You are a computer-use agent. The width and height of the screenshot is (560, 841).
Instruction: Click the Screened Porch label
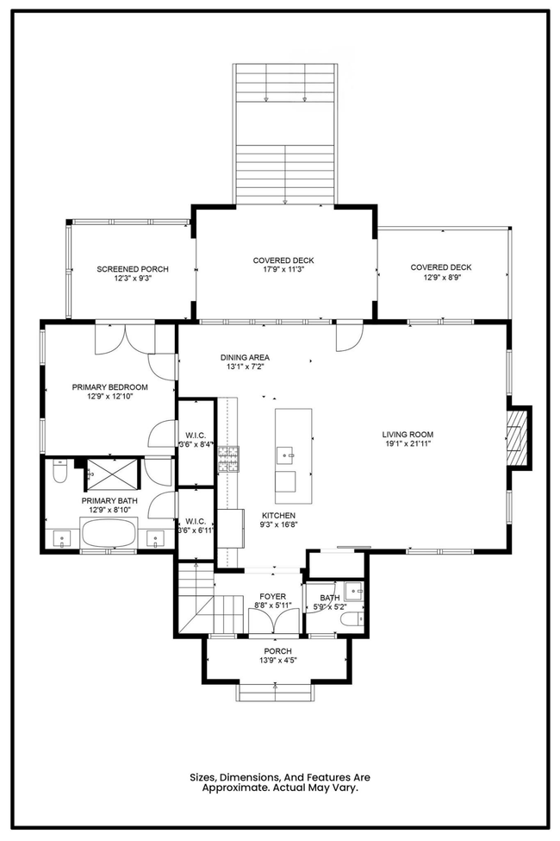coord(133,269)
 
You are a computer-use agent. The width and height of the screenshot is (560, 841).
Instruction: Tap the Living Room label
coord(408,435)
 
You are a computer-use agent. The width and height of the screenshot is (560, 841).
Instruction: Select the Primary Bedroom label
coord(110,387)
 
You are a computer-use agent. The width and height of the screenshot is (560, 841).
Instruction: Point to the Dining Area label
coord(245,357)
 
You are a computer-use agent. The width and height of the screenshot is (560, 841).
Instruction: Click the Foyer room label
coord(273,596)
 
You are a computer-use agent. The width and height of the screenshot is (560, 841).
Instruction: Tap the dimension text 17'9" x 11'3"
coord(283,270)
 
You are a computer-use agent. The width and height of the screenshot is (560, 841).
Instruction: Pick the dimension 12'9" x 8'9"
coord(441,277)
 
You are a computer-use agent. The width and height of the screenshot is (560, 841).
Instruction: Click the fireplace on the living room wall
coord(518,437)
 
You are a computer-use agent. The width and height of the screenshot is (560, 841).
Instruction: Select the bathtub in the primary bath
coord(109,534)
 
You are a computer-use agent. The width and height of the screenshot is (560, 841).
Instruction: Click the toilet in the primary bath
coord(59,472)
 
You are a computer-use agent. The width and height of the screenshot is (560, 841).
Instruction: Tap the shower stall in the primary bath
coord(113,474)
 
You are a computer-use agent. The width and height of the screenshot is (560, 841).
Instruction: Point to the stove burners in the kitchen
coord(228,460)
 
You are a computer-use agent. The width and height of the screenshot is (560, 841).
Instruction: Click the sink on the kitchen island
coord(286,455)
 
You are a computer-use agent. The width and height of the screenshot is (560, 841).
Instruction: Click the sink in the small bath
coord(354,592)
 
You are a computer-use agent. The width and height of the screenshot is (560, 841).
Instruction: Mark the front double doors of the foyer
coord(273,622)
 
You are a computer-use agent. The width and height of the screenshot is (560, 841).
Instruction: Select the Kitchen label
coord(278,516)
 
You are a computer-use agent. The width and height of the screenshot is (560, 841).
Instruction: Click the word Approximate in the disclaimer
coord(236,788)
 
